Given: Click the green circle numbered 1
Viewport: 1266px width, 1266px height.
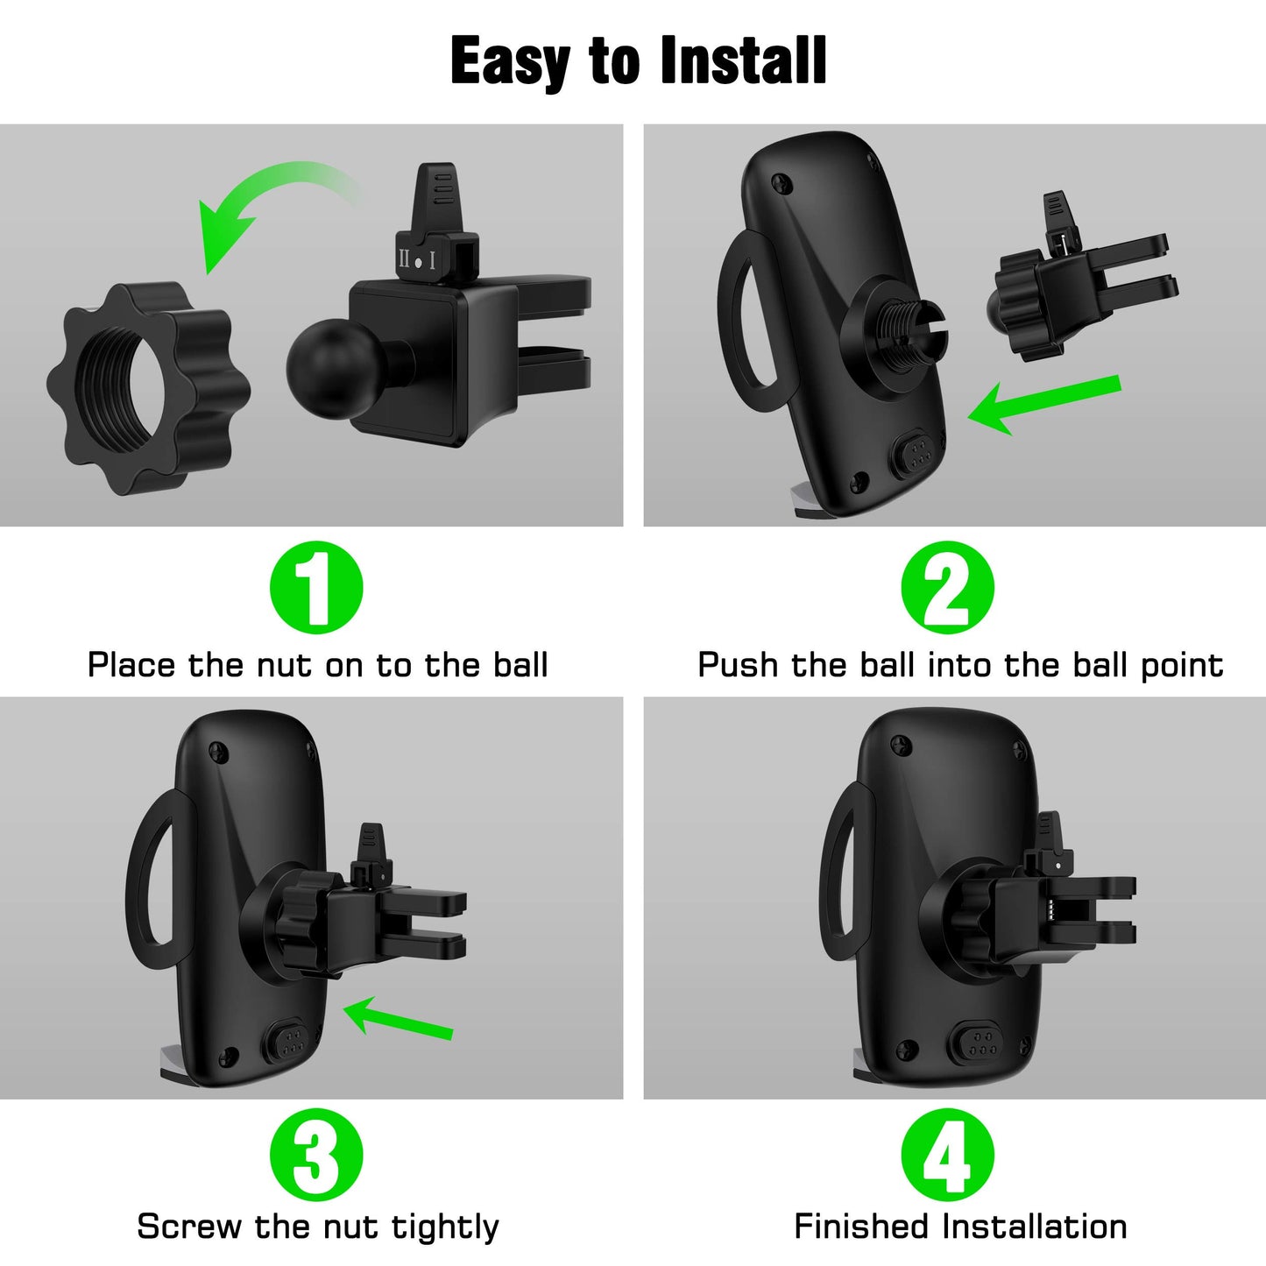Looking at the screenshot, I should (x=316, y=588).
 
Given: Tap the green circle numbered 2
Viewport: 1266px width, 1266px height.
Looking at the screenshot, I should (x=948, y=588).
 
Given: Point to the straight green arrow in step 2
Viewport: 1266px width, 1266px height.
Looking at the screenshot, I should (x=1043, y=403).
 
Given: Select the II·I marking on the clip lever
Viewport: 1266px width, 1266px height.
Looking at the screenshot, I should (x=418, y=260).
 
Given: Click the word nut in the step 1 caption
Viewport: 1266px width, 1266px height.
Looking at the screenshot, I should (x=286, y=666).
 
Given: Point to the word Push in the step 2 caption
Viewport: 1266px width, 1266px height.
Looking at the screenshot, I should (x=738, y=666).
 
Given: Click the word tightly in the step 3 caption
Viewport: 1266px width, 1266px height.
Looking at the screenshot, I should (x=445, y=1227).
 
